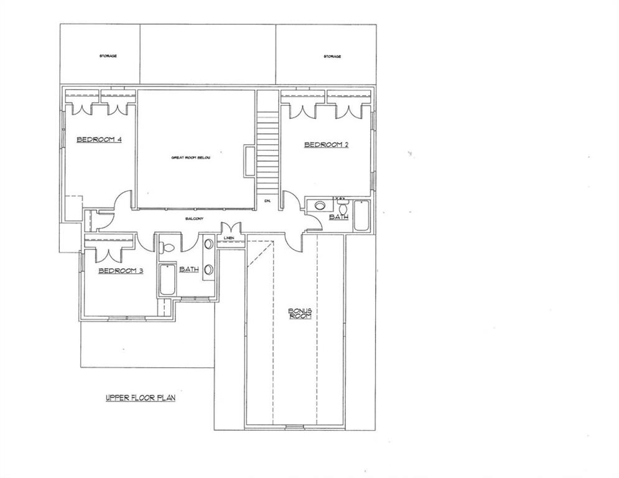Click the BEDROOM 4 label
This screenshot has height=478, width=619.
pos(98,139)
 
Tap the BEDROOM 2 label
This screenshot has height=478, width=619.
pos(325,145)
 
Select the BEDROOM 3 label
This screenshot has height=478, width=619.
pos(121,271)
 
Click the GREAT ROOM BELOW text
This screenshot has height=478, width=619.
pos(191,157)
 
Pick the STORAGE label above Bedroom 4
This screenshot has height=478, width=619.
pos(108,56)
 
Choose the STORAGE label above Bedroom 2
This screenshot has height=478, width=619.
pos(332,57)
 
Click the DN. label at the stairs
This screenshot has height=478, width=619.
pos(268,200)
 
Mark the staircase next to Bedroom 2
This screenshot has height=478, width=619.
pos(268,149)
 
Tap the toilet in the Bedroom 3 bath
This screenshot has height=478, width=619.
pos(166,247)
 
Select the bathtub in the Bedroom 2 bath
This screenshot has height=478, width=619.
pos(361,215)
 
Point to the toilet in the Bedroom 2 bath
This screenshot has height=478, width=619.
pos(342,206)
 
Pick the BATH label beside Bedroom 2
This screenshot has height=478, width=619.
pos(339,217)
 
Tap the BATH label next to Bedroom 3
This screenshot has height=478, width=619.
pos(188,269)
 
